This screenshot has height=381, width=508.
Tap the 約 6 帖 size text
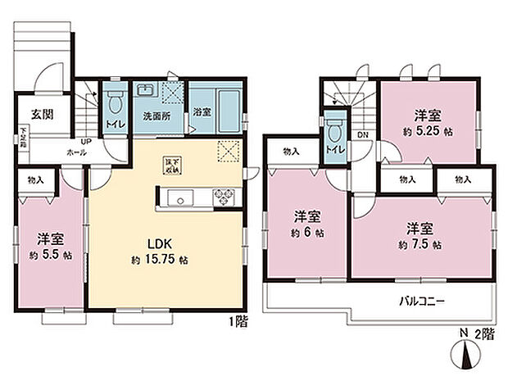(306, 233)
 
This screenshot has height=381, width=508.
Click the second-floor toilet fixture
(333, 132)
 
